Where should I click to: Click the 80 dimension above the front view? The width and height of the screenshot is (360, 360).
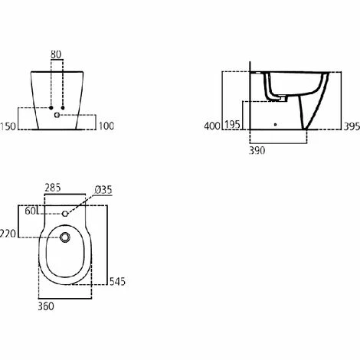[56, 54]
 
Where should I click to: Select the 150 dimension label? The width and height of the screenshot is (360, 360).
[8, 126]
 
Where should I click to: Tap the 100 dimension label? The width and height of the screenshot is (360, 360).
[106, 126]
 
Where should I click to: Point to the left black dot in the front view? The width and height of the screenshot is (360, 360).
[51, 108]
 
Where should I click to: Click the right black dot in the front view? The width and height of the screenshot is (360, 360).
[63, 108]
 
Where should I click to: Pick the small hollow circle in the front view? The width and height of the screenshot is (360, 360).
[57, 115]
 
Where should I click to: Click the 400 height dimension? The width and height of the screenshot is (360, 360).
[212, 126]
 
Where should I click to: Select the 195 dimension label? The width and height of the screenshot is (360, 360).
[232, 125]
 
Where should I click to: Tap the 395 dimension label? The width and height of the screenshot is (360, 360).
[352, 126]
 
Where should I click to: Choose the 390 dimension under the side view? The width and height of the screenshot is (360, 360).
[257, 151]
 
